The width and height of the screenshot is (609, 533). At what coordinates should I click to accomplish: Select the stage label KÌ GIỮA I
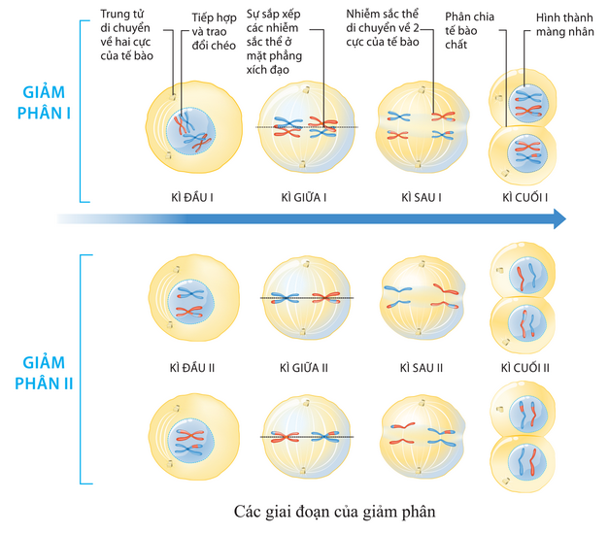[x=303, y=197]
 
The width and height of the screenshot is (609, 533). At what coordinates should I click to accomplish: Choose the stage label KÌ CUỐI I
[x=524, y=197]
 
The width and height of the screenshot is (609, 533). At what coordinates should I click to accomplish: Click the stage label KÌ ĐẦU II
[x=191, y=368]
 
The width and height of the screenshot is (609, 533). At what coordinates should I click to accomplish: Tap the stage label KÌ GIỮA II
[x=303, y=368]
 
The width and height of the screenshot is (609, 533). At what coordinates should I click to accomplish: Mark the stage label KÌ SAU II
[x=422, y=368]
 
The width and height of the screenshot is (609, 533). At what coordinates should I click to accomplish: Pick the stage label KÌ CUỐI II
[x=525, y=368]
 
